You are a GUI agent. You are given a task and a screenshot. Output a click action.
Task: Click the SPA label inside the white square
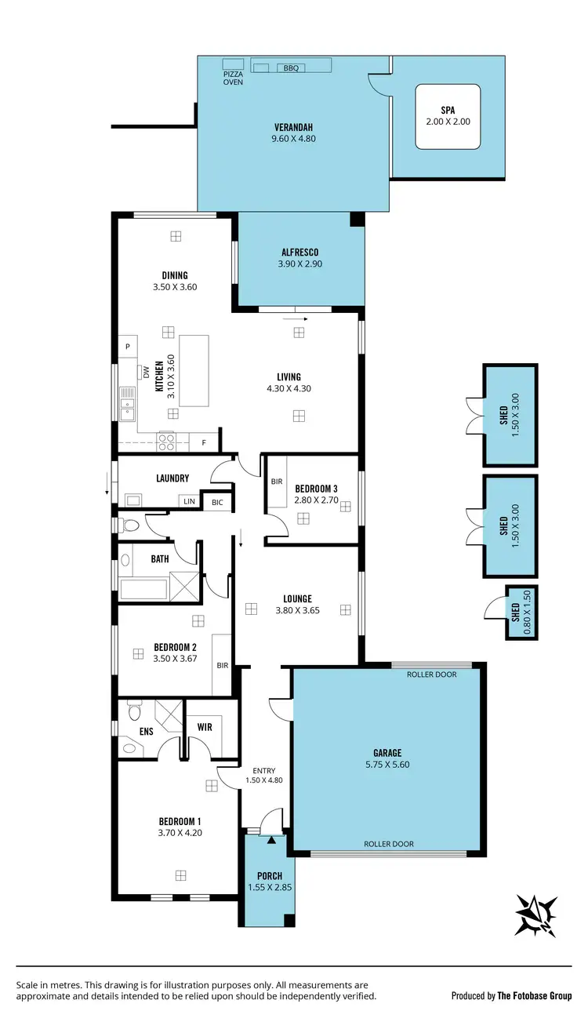click(x=447, y=111)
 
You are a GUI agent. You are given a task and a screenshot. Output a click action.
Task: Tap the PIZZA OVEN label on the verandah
click(x=233, y=77)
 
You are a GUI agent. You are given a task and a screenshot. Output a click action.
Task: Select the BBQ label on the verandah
click(x=292, y=68)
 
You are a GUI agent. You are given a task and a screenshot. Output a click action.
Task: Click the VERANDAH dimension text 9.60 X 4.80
click(x=294, y=139)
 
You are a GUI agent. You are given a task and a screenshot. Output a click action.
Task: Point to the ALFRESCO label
click(x=299, y=252)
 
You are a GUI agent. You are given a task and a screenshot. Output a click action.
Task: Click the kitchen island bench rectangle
click(x=194, y=370)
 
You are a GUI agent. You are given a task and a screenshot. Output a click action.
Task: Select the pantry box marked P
click(x=126, y=346)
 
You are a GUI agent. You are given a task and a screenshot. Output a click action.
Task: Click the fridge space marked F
click(x=204, y=442)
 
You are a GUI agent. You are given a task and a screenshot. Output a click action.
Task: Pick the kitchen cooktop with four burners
click(x=166, y=442)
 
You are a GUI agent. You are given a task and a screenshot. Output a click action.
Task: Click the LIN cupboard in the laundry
click(x=189, y=500)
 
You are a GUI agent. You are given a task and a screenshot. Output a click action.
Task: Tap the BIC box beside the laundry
click(x=217, y=502)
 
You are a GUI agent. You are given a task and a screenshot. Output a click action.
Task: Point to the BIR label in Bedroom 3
click(x=276, y=482)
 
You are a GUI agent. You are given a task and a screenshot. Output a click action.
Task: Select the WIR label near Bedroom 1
click(x=205, y=727)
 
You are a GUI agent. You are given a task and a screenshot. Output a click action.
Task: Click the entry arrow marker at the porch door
click(x=271, y=839)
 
